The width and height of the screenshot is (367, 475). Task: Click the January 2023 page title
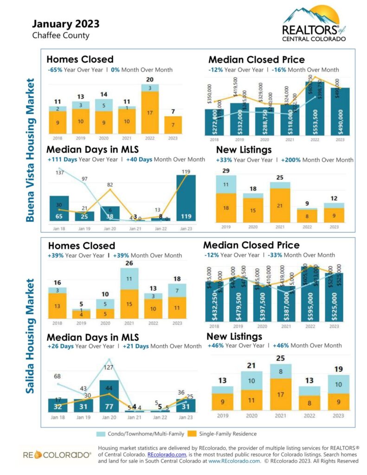tap(65, 24)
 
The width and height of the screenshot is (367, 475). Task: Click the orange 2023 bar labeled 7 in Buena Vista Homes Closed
tap(173, 125)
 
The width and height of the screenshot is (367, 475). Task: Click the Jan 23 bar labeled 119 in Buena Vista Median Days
tap(186, 198)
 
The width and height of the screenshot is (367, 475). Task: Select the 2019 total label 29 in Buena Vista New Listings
tap(226, 171)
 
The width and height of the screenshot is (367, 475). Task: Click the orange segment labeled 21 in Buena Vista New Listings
tap(279, 206)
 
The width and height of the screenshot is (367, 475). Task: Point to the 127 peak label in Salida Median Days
tap(109, 367)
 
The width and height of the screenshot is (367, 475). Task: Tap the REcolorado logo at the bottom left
tap(57, 455)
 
